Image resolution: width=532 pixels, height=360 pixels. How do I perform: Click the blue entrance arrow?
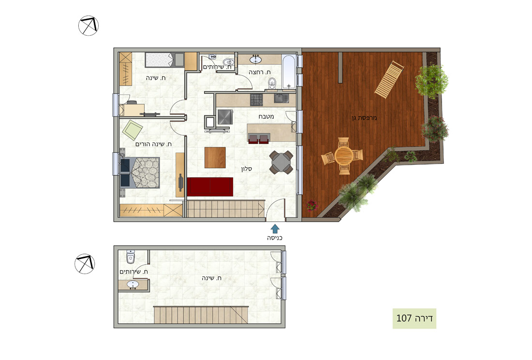(x=275, y=229)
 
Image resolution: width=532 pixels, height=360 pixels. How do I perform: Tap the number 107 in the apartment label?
(x=404, y=318)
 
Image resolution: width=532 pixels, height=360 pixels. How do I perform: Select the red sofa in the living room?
(x=210, y=187)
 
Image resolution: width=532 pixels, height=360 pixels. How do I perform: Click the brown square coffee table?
(x=215, y=157)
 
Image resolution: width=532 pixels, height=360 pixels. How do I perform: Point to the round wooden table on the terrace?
(x=344, y=156)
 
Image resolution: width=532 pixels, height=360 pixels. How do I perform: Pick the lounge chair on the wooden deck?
(x=389, y=79)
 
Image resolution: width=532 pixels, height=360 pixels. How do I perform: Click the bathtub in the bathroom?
(x=289, y=72)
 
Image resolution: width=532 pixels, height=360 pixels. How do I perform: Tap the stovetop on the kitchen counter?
(x=256, y=100)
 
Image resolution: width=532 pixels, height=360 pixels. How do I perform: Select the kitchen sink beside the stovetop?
(x=281, y=98)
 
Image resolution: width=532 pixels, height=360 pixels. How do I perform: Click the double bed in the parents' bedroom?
(x=140, y=172)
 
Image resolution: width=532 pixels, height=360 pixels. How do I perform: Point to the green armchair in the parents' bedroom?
(x=133, y=130)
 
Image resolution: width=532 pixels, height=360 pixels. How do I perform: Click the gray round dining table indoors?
(x=281, y=162)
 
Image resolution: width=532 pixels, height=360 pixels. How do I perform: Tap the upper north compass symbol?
(x=89, y=26)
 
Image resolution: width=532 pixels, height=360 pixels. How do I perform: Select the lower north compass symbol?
(x=85, y=264)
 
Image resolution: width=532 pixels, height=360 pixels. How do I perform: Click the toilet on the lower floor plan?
(x=131, y=257)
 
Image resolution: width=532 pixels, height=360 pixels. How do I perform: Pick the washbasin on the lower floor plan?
(x=133, y=285)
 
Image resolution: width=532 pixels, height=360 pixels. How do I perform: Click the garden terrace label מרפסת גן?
(x=364, y=118)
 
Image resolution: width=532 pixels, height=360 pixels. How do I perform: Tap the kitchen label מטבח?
(x=266, y=116)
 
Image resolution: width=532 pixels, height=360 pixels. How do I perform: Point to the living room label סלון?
(x=247, y=169)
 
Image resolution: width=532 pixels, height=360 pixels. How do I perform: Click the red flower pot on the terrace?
(x=312, y=205)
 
